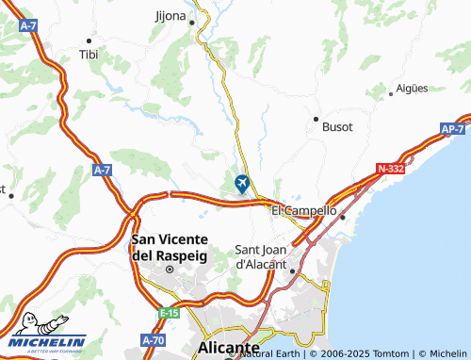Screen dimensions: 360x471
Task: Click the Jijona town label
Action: click(170, 16)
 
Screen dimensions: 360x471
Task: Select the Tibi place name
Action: click(89, 56)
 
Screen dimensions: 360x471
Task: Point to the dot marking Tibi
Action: click(89, 41)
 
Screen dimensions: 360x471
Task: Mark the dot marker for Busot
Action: click(316, 119)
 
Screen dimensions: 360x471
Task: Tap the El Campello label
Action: click(303, 211)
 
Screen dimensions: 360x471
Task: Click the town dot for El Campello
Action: click(343, 217)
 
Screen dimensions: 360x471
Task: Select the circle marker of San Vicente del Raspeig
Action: click(170, 270)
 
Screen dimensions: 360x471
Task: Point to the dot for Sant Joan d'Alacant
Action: click(292, 271)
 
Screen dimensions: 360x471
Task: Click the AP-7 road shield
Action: click(452, 129)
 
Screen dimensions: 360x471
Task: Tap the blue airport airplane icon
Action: click(243, 182)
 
